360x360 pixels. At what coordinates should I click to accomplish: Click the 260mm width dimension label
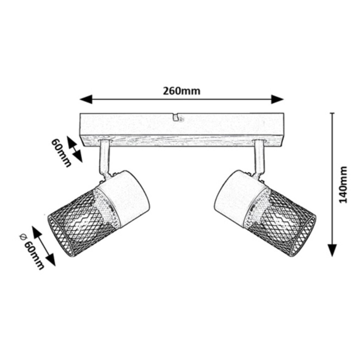click(x=182, y=91)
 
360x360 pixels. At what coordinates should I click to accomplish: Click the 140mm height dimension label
click(x=343, y=185)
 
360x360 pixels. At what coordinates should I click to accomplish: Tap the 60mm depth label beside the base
click(x=61, y=152)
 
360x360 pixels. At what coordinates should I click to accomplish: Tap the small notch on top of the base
click(x=179, y=118)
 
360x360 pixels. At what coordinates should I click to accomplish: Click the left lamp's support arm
click(x=103, y=158)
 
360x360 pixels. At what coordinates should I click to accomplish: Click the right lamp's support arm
click(x=260, y=158)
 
